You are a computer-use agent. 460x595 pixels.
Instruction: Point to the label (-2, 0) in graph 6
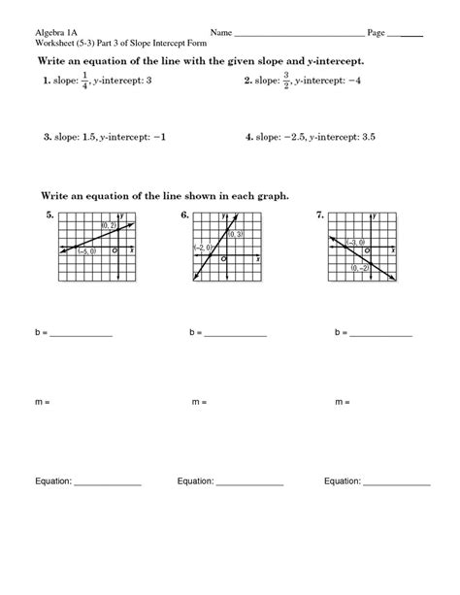(x=202, y=248)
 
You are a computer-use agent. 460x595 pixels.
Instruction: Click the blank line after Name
(x=301, y=34)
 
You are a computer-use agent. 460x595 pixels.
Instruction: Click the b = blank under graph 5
(x=81, y=334)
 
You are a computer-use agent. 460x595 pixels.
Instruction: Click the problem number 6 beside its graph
(x=183, y=215)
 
